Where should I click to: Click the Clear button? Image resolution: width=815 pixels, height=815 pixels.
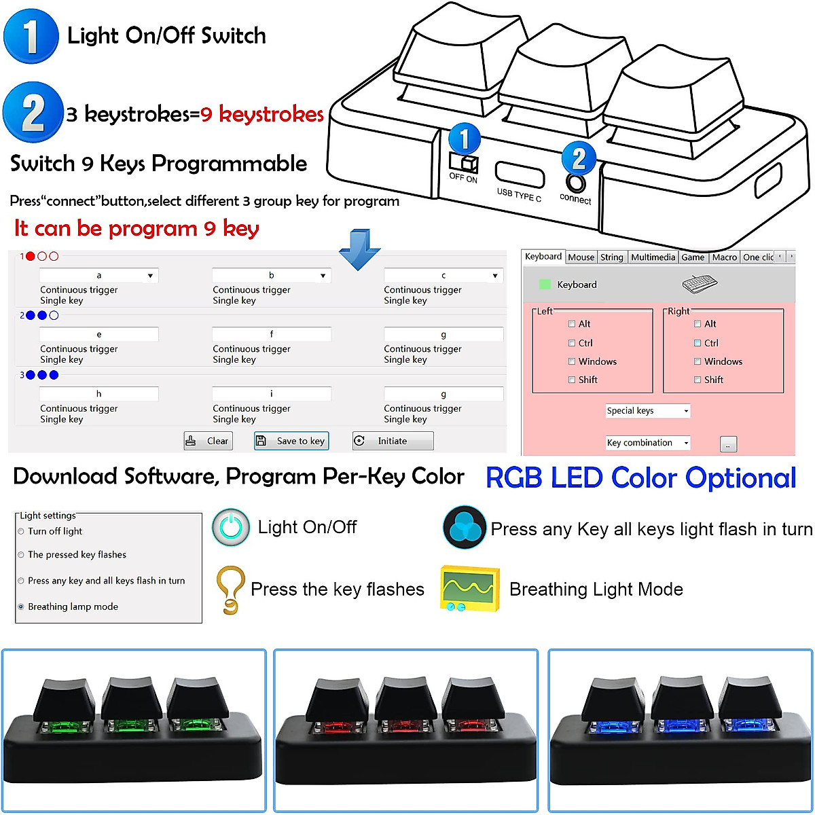[x=209, y=441]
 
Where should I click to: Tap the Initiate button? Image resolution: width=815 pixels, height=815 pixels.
[x=393, y=441]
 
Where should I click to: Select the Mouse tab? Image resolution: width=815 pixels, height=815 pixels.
[x=581, y=257]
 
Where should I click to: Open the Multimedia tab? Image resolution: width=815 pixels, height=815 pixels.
[x=653, y=257]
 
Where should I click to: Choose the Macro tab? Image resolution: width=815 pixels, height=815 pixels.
[x=724, y=257]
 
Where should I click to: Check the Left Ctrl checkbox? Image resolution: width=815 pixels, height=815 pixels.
[x=572, y=343]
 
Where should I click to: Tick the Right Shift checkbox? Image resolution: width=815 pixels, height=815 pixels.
[x=698, y=380]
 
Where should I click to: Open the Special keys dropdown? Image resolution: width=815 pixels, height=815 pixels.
[x=647, y=410]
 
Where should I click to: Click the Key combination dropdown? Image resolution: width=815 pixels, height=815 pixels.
[x=647, y=443]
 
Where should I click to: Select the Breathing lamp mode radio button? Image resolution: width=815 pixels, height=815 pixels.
[x=21, y=606]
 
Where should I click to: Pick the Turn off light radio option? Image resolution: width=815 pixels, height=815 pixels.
[x=21, y=531]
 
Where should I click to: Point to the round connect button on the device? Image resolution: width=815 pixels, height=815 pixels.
[x=576, y=183]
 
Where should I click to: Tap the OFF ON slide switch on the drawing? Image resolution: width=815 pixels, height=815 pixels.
[x=464, y=163]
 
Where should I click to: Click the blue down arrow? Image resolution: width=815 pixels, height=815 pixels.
[x=359, y=249]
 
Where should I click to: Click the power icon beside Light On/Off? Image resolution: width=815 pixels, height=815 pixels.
[x=231, y=527]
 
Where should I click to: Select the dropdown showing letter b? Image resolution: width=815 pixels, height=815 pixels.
[x=271, y=275]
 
